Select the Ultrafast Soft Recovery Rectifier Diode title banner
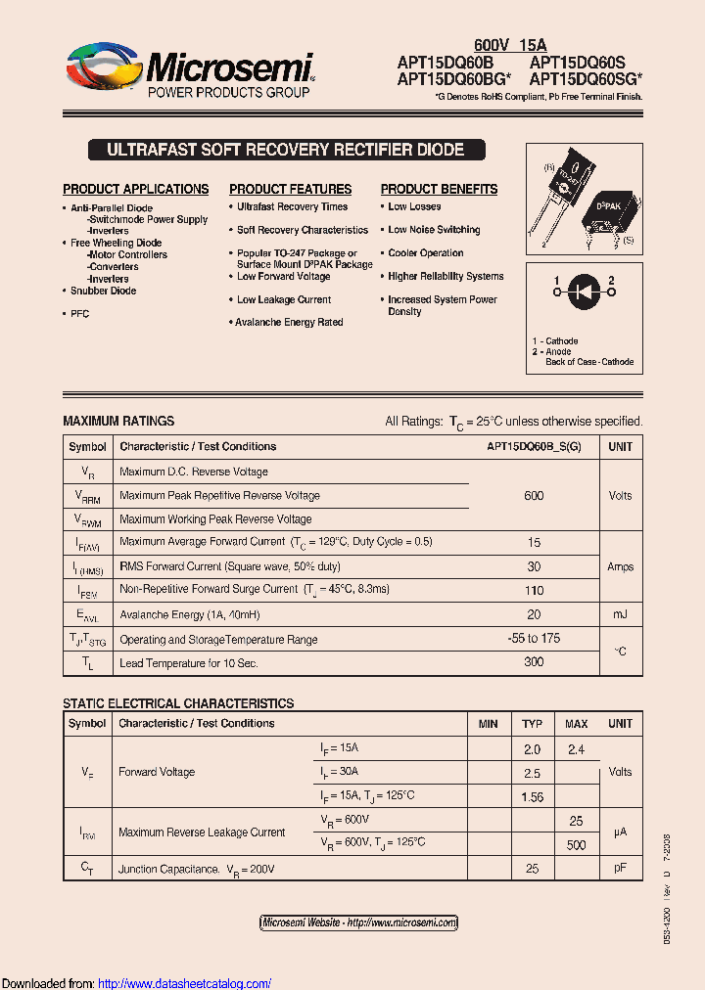(x=284, y=150)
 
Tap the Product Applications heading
(x=136, y=189)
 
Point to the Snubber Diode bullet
(x=103, y=291)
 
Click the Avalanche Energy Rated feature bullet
(x=289, y=323)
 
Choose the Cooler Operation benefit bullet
(x=426, y=253)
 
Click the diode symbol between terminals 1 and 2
(x=584, y=290)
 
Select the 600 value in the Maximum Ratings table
(x=534, y=496)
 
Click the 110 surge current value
(x=534, y=590)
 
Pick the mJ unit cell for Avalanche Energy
(x=621, y=614)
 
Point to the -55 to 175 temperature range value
(x=534, y=639)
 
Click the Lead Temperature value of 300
(x=534, y=663)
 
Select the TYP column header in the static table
(x=532, y=724)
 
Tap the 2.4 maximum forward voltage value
(x=576, y=749)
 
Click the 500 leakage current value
(x=576, y=845)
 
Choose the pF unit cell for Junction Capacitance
(x=621, y=869)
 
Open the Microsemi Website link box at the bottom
(x=359, y=922)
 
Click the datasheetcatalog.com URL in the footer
(x=185, y=983)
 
